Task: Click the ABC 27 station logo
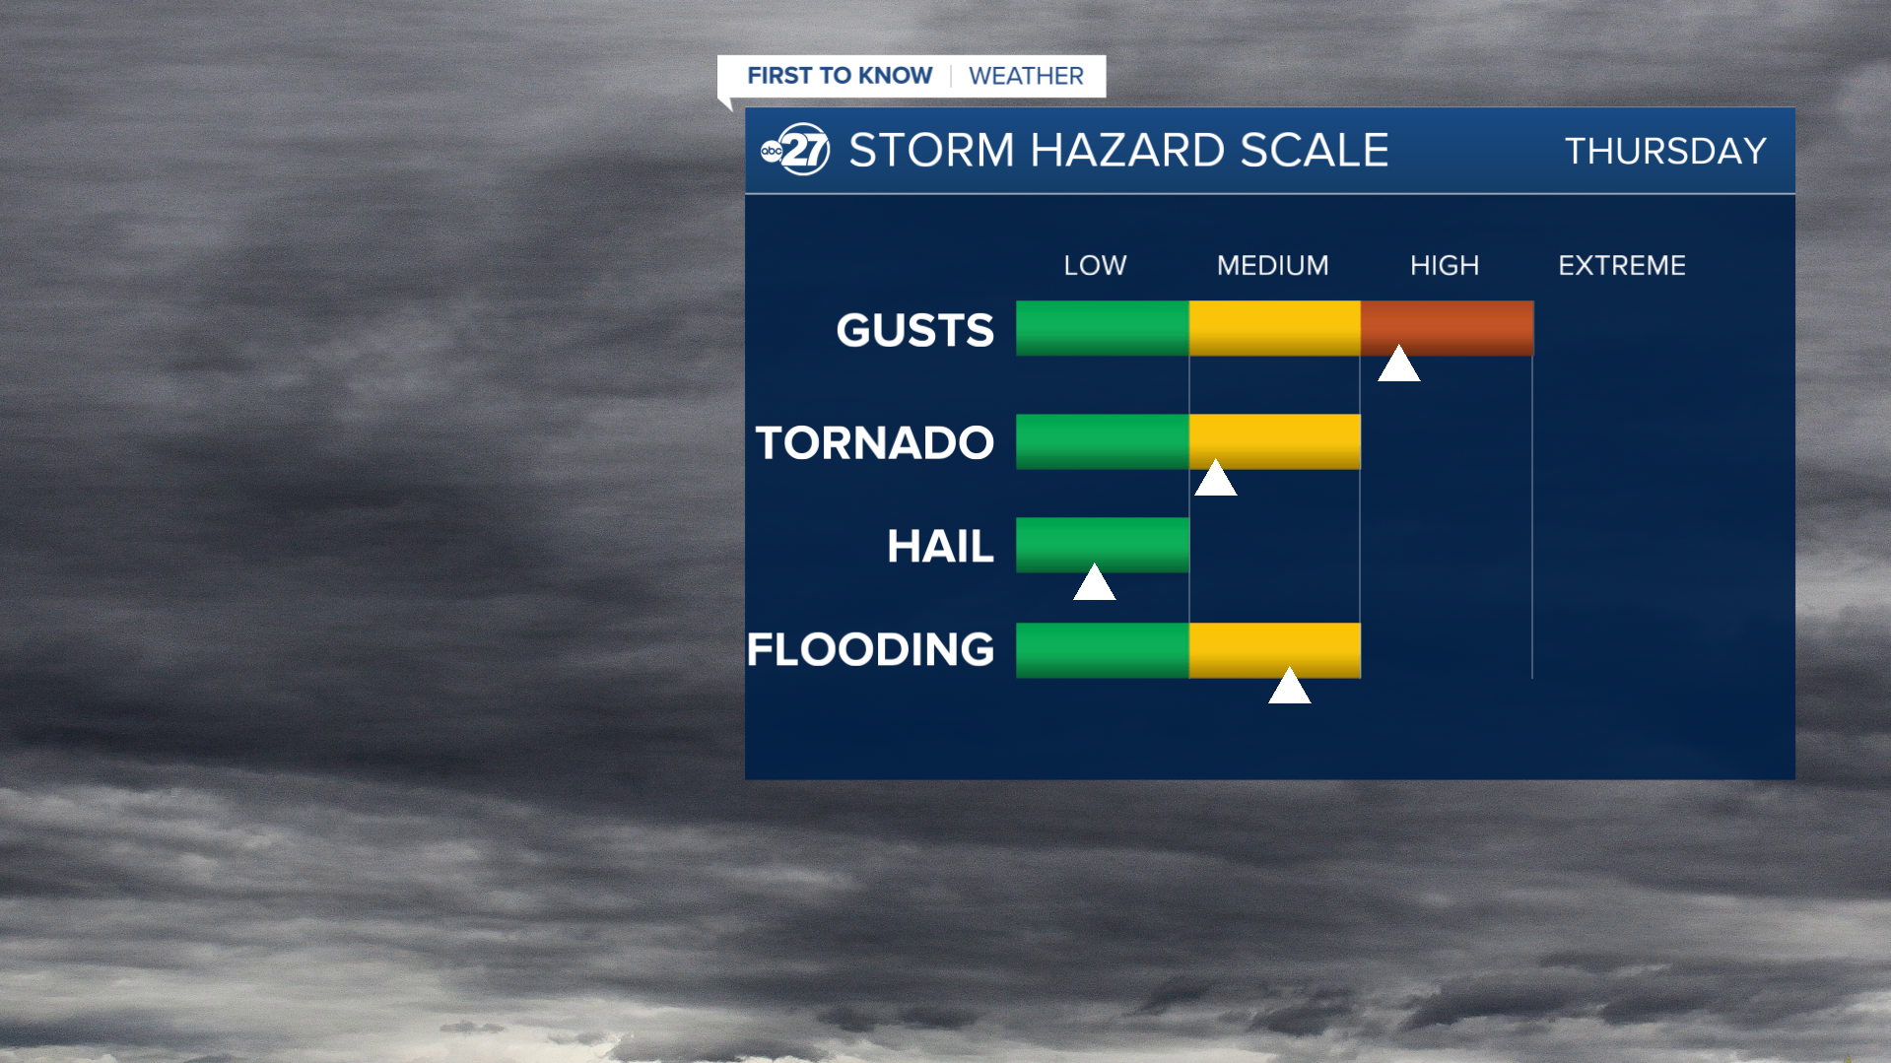(795, 150)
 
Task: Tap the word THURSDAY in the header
(1665, 151)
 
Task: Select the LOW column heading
(1095, 265)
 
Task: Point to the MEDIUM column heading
(1272, 265)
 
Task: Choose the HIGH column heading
(1445, 265)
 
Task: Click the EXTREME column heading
(1622, 265)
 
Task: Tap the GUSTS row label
(914, 330)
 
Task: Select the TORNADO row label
(874, 442)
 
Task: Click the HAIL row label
(940, 546)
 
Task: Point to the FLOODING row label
(870, 649)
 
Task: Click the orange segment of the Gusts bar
(1447, 328)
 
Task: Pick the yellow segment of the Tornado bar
(1274, 441)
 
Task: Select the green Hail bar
(1103, 545)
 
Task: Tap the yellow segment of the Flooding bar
(1274, 650)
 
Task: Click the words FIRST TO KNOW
(840, 76)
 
